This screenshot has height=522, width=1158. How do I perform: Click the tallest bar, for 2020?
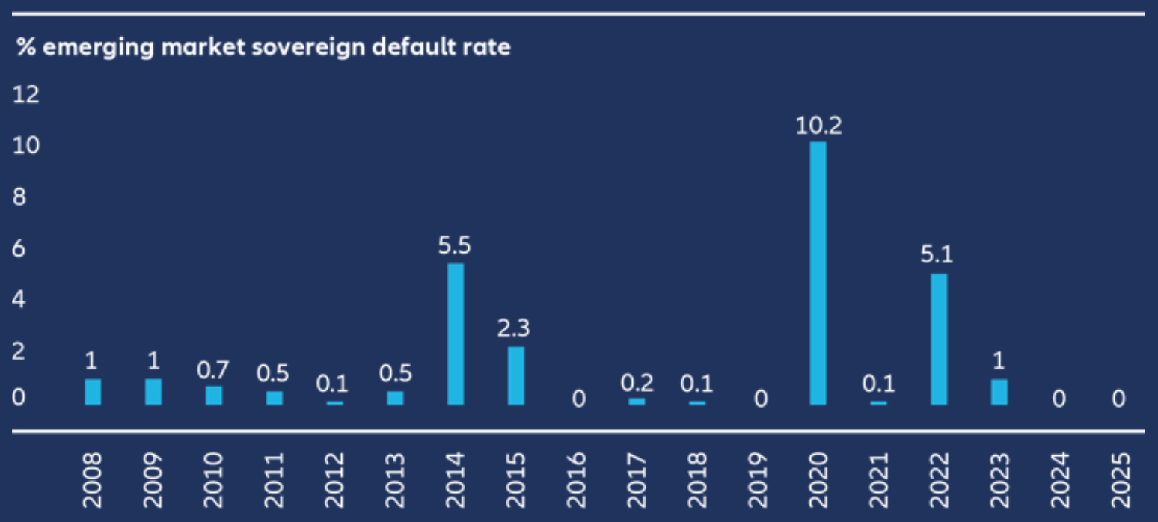(818, 273)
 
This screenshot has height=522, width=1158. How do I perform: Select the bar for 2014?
(455, 334)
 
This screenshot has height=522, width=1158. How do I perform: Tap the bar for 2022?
(939, 339)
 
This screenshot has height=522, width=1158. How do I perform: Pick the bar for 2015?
(515, 375)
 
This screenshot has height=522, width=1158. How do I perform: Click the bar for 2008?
(93, 392)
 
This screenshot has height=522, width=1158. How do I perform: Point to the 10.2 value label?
(818, 126)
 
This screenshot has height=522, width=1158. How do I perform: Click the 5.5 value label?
(455, 246)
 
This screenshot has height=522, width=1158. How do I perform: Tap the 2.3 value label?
(515, 329)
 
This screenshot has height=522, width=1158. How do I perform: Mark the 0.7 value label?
(213, 370)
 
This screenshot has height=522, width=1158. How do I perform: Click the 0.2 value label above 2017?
(637, 383)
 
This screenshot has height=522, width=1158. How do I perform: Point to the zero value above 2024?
(1059, 399)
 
